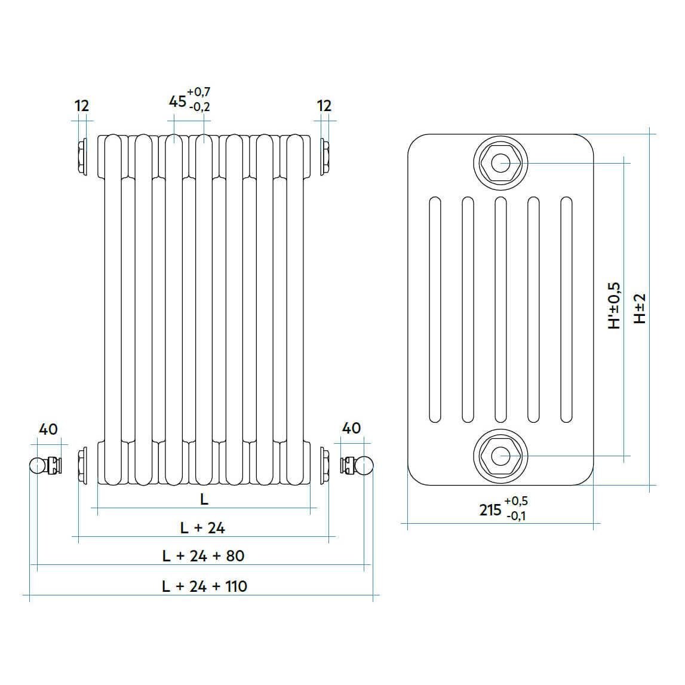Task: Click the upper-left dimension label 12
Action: pos(82,106)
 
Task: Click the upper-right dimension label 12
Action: pos(324,106)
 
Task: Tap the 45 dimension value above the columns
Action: pos(177,102)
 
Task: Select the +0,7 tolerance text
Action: pos(199,92)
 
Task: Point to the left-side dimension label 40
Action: pos(48,429)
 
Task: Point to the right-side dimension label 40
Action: pos(352,428)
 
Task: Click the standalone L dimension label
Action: pos(204,499)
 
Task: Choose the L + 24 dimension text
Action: pos(202,528)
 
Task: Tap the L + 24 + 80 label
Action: pos(203,555)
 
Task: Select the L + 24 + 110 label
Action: pos(204,586)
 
